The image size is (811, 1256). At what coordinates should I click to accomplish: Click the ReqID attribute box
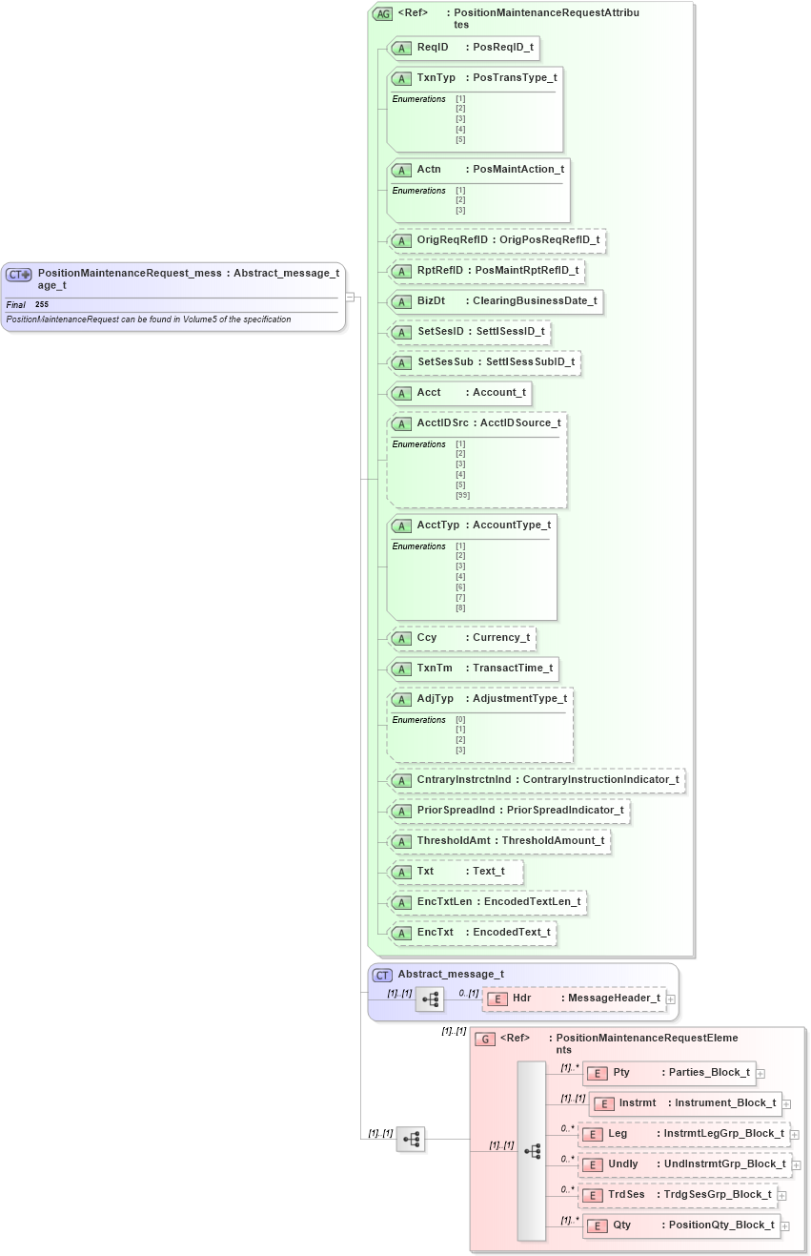tap(465, 47)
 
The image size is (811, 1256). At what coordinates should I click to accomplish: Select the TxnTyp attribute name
tap(436, 77)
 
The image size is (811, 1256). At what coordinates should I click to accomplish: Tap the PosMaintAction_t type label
tap(518, 169)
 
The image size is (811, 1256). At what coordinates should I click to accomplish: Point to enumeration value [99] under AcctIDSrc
tap(462, 495)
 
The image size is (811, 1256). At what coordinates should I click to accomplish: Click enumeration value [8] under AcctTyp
tap(460, 607)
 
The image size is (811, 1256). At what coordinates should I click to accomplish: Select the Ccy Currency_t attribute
tap(463, 637)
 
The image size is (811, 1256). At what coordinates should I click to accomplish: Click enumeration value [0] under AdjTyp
tap(460, 720)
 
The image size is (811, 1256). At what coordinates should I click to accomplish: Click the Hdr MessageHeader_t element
tap(576, 998)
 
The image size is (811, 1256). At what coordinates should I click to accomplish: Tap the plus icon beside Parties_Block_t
tap(760, 1074)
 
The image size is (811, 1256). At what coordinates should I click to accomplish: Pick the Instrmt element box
tap(686, 1103)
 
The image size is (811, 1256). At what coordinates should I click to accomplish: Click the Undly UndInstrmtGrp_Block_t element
tap(685, 1164)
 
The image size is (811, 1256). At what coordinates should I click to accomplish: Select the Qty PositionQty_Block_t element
tap(681, 1225)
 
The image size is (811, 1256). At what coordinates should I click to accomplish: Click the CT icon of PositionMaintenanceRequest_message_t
tap(19, 275)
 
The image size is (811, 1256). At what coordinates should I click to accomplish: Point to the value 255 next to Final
tap(42, 304)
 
